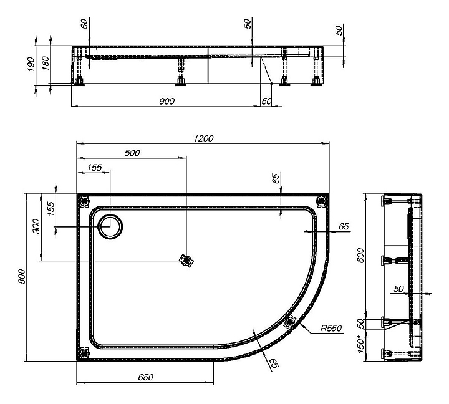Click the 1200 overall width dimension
[203, 138]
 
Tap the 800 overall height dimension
[22, 277]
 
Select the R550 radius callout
[331, 328]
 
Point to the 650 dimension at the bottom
[146, 377]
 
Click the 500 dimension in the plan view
[132, 153]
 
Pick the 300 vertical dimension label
[37, 226]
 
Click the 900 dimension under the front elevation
[167, 102]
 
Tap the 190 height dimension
[31, 64]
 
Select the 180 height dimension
[46, 63]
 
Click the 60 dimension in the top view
[84, 24]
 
